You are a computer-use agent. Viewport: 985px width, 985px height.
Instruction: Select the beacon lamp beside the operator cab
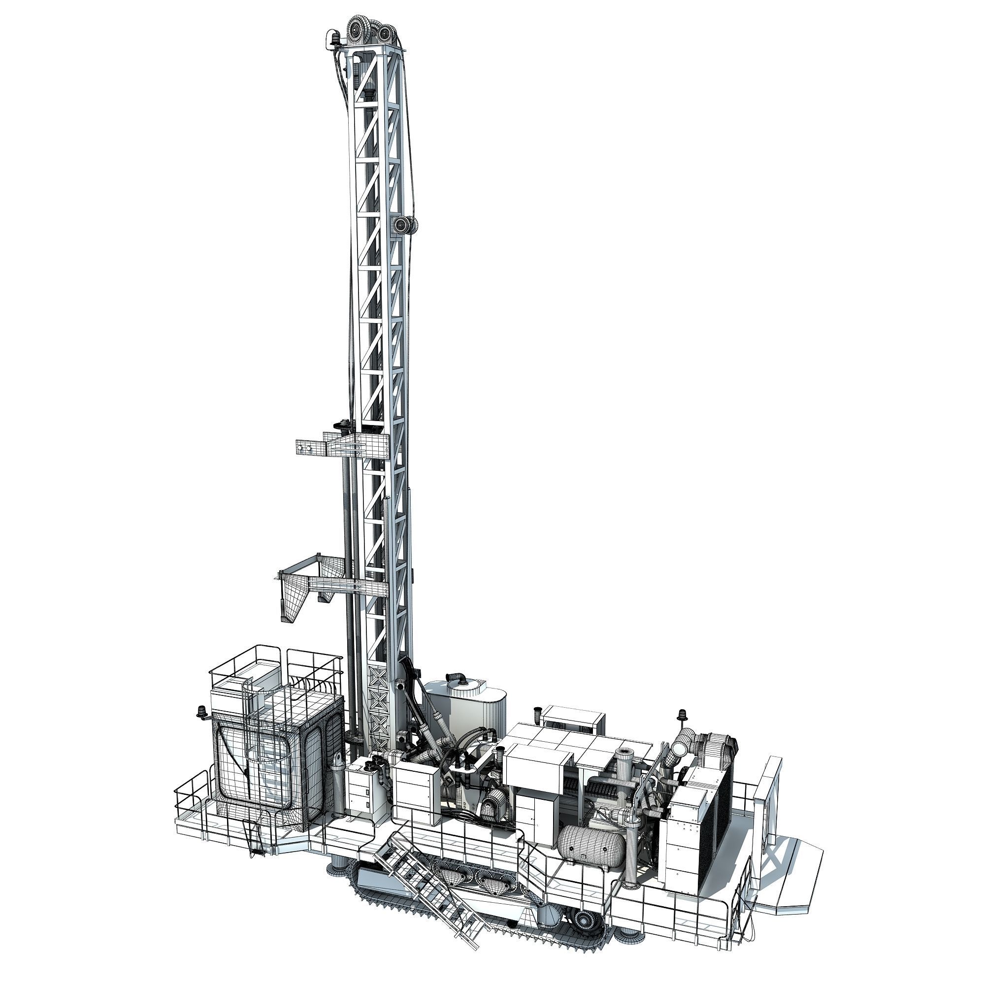[x=202, y=712]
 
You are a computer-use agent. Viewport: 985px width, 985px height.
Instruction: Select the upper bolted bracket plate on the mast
[x=311, y=447]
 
